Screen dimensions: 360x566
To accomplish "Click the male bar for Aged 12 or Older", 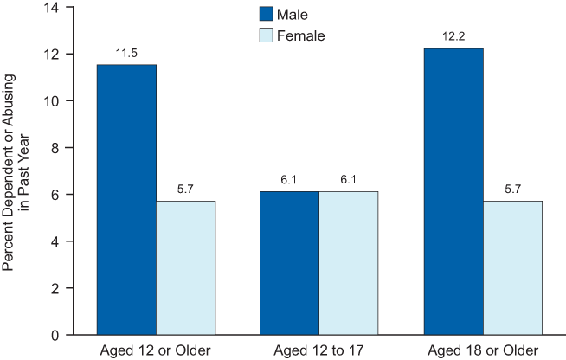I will [126, 199].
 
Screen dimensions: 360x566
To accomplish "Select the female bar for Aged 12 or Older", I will [185, 267].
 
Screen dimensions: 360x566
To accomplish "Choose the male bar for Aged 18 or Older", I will [453, 191].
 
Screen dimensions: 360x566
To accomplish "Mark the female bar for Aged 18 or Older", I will [512, 267].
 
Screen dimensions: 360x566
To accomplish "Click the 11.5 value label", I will [126, 54].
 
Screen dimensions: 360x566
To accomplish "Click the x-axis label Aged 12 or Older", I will [156, 350].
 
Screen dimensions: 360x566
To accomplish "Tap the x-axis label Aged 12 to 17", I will [319, 350].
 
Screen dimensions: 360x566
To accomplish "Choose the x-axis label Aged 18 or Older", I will [483, 350].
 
